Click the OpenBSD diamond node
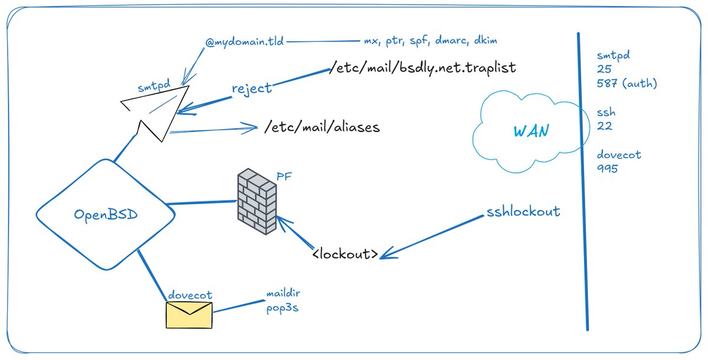[x=106, y=214]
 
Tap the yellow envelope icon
[x=189, y=315]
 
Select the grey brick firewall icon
[x=257, y=201]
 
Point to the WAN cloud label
[x=532, y=131]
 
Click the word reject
[x=251, y=89]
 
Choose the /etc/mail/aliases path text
[x=322, y=127]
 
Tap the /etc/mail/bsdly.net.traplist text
[x=422, y=67]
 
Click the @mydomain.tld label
[x=244, y=42]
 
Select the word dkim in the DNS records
[x=486, y=41]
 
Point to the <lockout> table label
[x=345, y=254]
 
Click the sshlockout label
[x=523, y=211]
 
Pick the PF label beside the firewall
[x=284, y=176]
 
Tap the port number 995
[x=607, y=168]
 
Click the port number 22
[x=604, y=126]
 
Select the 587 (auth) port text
[x=627, y=83]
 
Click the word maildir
[x=283, y=294]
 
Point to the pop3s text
[x=282, y=308]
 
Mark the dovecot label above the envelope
[x=190, y=295]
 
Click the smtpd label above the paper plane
[x=154, y=86]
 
